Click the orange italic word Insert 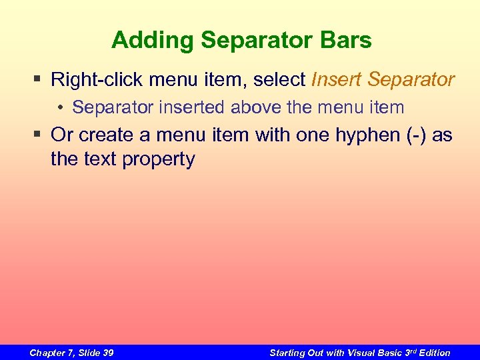(x=337, y=81)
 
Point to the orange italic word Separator (x=411, y=81)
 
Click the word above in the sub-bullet (x=257, y=107)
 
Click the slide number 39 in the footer (x=106, y=353)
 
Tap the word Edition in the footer (x=433, y=353)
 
